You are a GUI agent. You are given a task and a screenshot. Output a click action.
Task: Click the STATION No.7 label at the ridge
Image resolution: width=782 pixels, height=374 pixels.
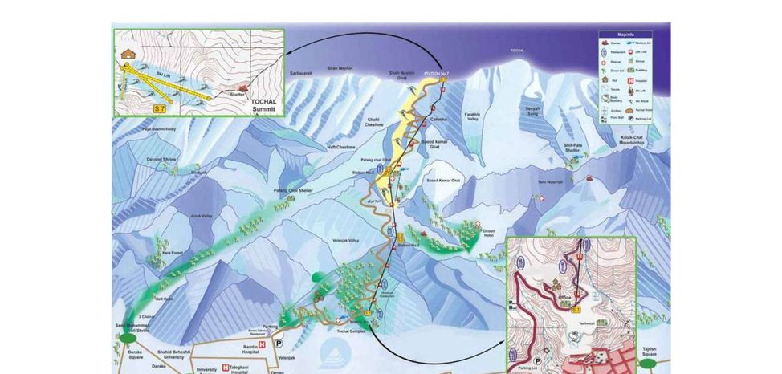(x=435, y=74)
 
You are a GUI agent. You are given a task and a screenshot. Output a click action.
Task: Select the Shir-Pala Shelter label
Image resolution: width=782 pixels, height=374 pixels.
(x=572, y=148)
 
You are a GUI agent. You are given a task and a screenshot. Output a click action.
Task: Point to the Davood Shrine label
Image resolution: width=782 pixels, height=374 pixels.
(x=162, y=159)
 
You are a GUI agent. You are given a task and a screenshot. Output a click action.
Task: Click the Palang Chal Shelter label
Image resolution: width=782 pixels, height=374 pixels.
(x=294, y=190)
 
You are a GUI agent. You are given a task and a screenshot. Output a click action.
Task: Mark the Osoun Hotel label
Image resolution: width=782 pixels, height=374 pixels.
(x=489, y=234)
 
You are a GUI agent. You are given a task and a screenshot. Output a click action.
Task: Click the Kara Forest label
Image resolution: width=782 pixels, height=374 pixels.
(x=174, y=254)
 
